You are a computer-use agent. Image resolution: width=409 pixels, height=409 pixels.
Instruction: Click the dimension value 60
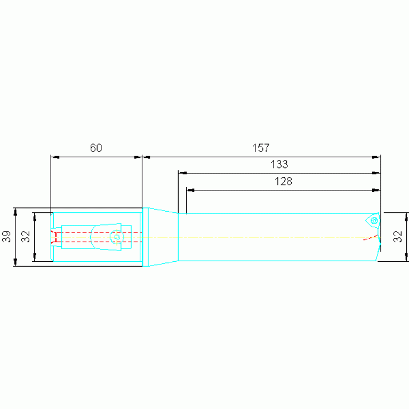96,148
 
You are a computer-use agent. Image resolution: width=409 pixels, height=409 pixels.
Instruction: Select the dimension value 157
261,148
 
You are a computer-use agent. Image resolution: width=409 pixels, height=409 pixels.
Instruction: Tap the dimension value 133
279,164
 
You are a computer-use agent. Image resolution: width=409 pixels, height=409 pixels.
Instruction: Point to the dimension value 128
283,181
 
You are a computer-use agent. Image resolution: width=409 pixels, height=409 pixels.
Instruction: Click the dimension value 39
6,237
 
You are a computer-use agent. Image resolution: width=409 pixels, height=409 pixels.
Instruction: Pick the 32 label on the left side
26,237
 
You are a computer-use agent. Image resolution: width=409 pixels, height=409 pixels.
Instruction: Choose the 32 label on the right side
398,237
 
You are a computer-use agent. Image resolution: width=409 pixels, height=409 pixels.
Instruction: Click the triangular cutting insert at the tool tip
373,221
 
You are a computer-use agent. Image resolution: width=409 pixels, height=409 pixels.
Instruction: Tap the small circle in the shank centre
117,237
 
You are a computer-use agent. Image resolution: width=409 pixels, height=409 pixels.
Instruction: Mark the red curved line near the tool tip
371,238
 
